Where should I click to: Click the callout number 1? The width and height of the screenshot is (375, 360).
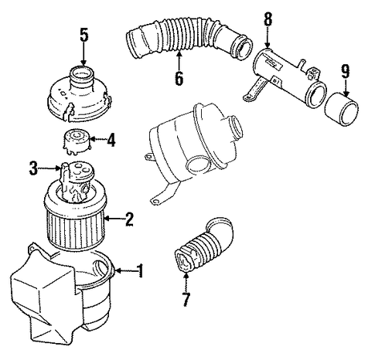coord(140,270)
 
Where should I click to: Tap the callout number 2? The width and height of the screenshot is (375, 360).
coord(129,219)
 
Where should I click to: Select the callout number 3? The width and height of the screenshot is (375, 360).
coord(32,168)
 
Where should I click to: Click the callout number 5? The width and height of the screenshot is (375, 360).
coord(84,35)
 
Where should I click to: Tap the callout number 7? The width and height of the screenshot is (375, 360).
coord(186,300)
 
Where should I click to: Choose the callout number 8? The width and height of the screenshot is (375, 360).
coord(268,19)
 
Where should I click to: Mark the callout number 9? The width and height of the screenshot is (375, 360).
coord(346,71)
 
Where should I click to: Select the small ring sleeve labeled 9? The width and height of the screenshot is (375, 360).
coord(341,109)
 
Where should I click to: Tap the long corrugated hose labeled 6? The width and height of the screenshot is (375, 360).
coord(189,38)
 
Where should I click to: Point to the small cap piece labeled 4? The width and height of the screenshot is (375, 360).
coord(77,141)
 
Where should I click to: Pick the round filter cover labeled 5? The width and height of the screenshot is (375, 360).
coord(80,94)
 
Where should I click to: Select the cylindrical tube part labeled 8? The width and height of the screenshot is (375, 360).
coord(285,77)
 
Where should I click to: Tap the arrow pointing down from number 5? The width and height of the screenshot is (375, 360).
coord(84,54)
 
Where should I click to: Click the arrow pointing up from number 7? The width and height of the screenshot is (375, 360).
coord(186,282)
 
